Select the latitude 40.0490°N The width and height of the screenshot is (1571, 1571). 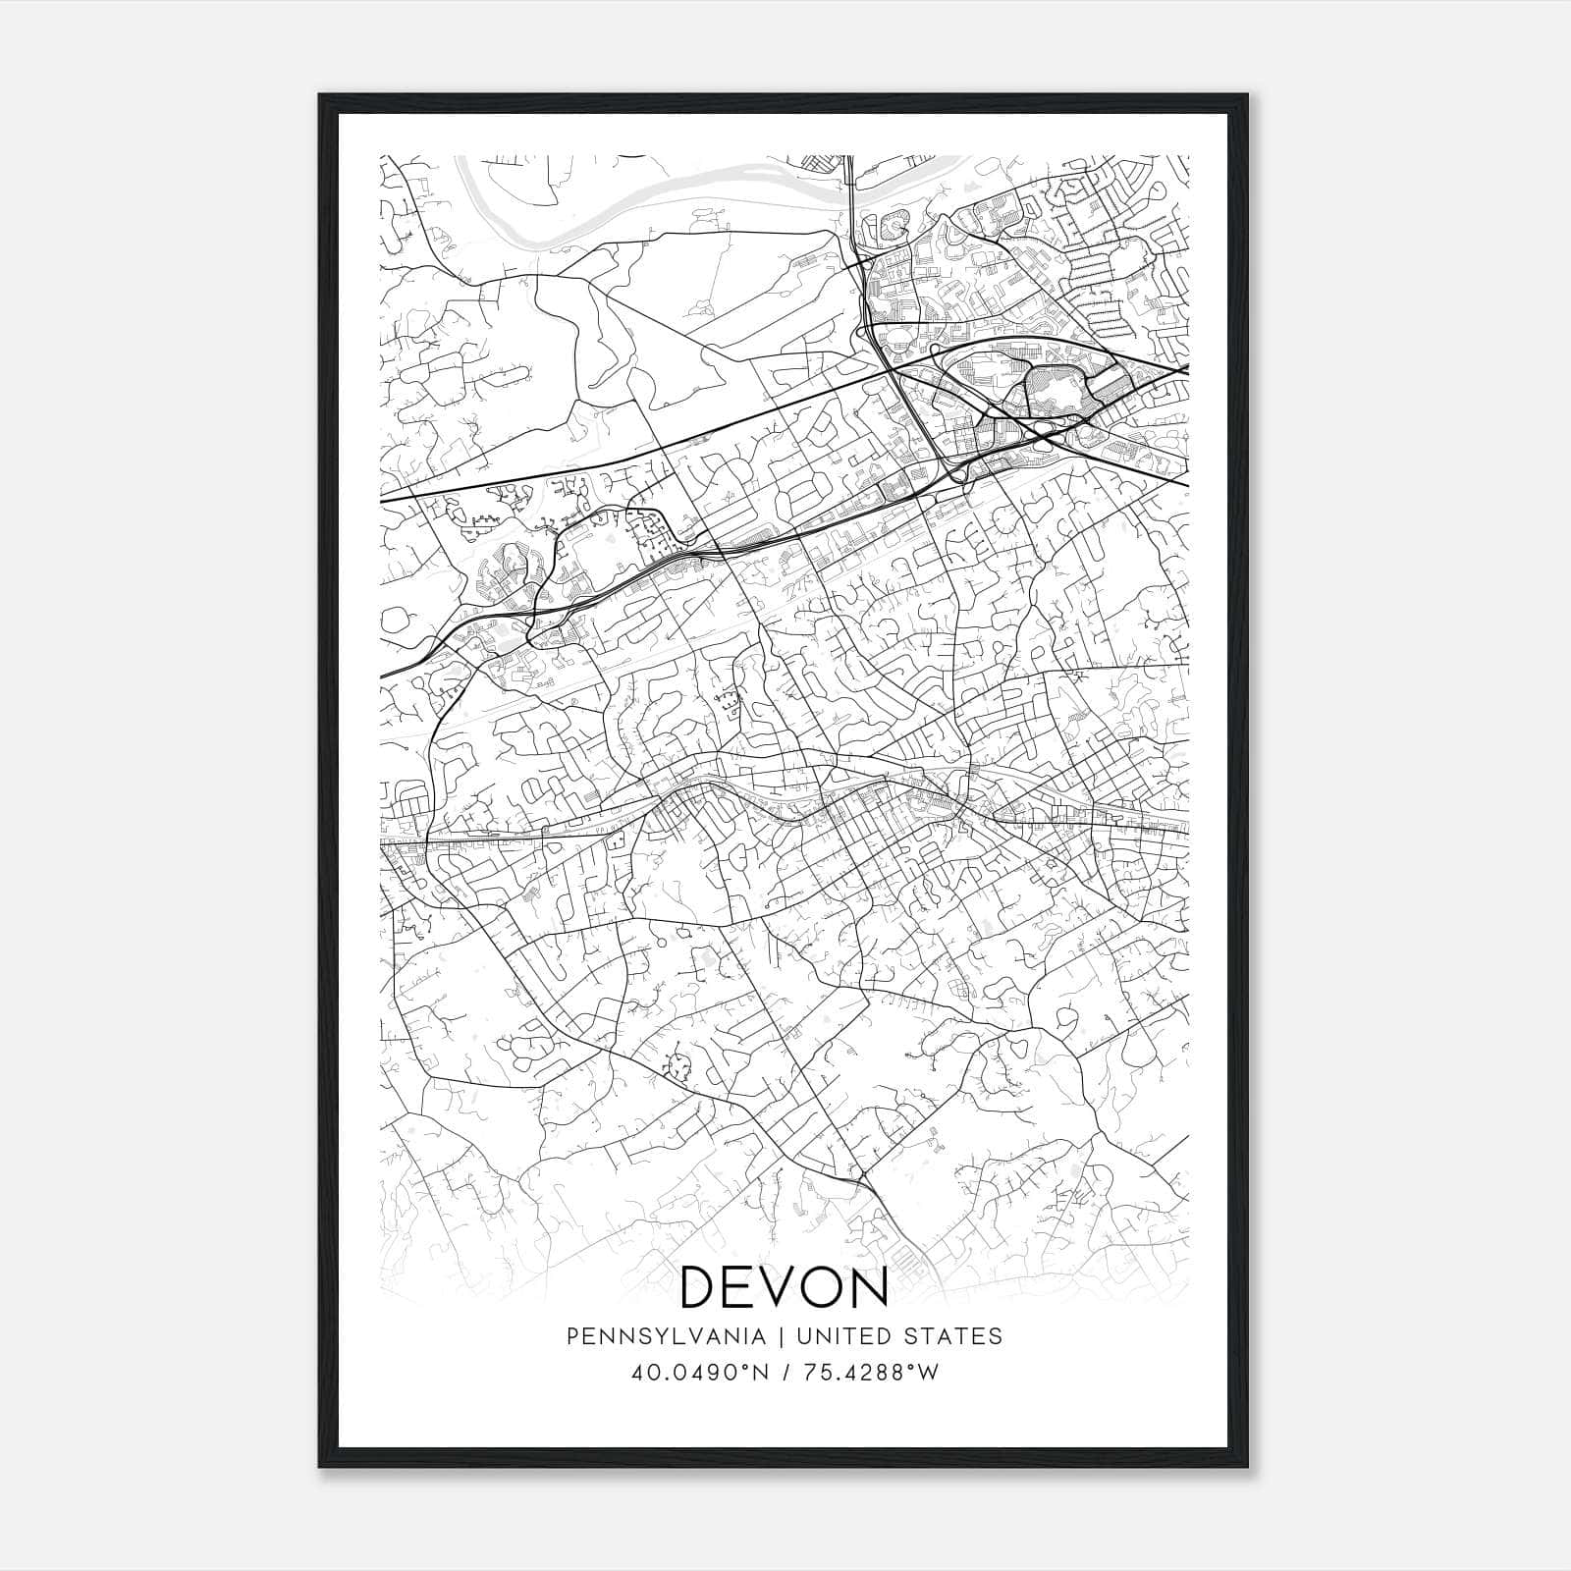click(x=704, y=1373)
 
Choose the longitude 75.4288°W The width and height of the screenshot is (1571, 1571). click(x=872, y=1373)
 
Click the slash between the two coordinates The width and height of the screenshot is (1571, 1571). click(x=788, y=1373)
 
